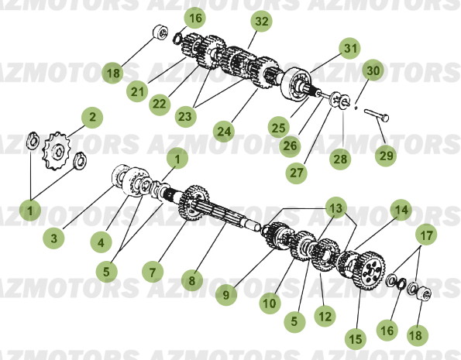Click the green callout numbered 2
(x=92, y=118)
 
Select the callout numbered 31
(x=350, y=49)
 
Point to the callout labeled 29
(x=387, y=156)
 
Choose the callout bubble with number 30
(x=373, y=70)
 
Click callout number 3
(x=53, y=239)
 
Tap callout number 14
(x=400, y=210)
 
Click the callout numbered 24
(x=224, y=132)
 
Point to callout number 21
(x=138, y=92)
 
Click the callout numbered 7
(x=152, y=272)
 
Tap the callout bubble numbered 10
(x=268, y=304)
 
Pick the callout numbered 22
(x=159, y=103)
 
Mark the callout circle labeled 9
(x=227, y=293)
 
